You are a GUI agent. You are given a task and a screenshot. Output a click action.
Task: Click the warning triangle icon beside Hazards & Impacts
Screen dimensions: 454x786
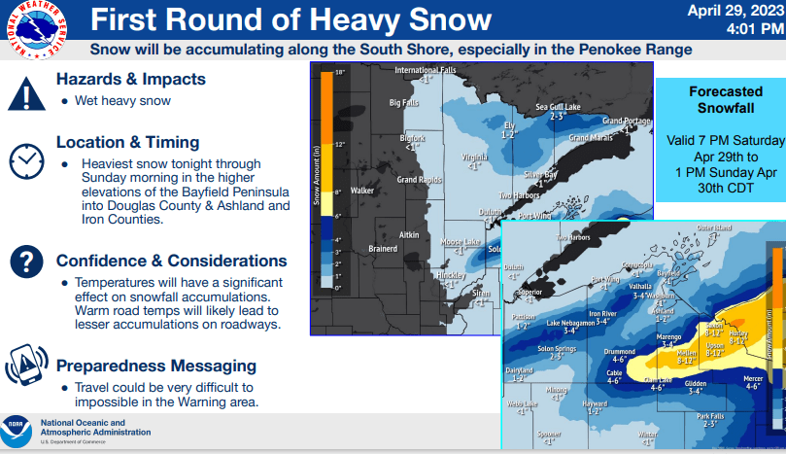pos(26,93)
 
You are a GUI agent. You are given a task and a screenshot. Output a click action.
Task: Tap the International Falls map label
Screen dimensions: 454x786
pos(425,70)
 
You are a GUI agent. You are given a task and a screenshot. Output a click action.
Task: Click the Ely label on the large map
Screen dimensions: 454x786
pos(507,125)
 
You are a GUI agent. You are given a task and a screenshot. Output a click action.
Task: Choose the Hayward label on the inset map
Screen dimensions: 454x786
pos(593,403)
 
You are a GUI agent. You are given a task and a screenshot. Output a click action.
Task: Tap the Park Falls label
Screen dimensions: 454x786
pos(709,417)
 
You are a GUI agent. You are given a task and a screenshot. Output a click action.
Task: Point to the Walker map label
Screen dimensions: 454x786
pos(362,191)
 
